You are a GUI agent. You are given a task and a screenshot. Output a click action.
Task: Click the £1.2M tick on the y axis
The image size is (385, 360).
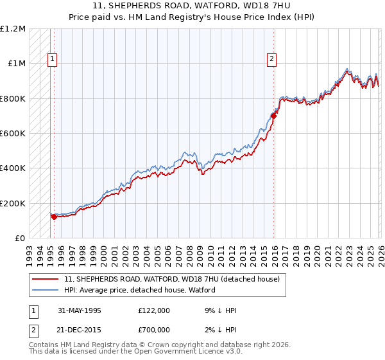(13, 29)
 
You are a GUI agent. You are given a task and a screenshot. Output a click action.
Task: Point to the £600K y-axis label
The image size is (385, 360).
(13, 134)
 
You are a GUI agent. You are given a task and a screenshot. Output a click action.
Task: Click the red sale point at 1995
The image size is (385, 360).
(55, 217)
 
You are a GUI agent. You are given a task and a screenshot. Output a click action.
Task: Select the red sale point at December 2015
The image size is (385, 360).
(273, 116)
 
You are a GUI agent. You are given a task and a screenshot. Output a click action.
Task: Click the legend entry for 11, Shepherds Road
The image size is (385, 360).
(171, 280)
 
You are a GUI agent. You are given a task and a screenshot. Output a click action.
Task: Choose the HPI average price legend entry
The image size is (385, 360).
(139, 291)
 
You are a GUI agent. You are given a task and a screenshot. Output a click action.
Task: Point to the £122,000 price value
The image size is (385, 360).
(154, 310)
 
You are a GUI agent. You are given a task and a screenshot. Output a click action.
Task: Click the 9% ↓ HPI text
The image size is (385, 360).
(219, 310)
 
